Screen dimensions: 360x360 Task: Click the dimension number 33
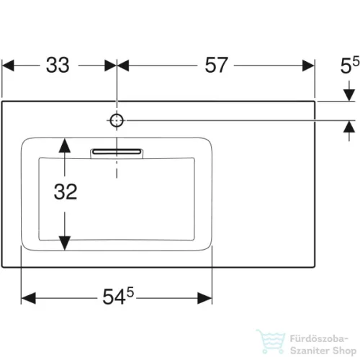(x=58, y=65)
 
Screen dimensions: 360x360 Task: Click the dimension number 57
(x=216, y=65)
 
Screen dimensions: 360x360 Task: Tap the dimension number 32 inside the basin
(x=66, y=192)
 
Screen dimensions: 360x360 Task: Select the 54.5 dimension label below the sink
(x=118, y=296)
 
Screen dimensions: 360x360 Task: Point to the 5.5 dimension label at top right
(x=350, y=65)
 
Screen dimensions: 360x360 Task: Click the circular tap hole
(x=117, y=120)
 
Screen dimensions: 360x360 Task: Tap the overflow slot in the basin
(x=117, y=152)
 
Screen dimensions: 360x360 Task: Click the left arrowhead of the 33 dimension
(x=8, y=66)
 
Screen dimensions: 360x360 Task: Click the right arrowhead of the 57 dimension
(x=308, y=66)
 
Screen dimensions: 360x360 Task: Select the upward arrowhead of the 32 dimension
(x=65, y=145)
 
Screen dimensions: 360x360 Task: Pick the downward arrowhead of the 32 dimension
(x=65, y=243)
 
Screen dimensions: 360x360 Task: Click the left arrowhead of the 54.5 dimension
(x=28, y=298)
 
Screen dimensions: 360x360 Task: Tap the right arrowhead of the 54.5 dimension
(x=204, y=298)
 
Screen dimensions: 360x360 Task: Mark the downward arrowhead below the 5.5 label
(x=349, y=95)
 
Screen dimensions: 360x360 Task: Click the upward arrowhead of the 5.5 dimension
(x=349, y=127)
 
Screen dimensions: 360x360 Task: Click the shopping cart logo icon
(x=271, y=341)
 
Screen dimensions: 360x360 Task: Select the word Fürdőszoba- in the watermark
(x=319, y=338)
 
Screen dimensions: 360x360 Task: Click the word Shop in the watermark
(x=345, y=351)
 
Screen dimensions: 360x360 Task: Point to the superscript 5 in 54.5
(x=130, y=292)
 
